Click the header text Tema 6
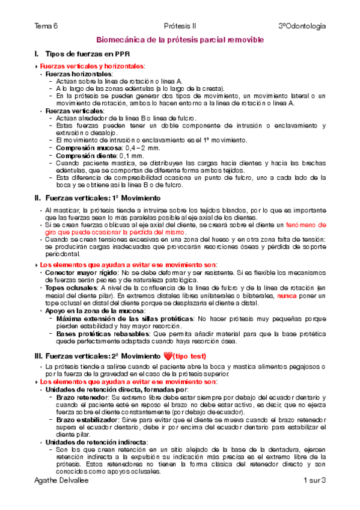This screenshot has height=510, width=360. point(47,26)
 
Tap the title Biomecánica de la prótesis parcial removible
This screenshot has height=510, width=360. point(180,39)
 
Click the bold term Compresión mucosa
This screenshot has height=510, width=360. point(81,147)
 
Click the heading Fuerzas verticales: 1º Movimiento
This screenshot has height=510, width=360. point(103,197)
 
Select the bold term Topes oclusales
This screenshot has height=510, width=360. point(72,288)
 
